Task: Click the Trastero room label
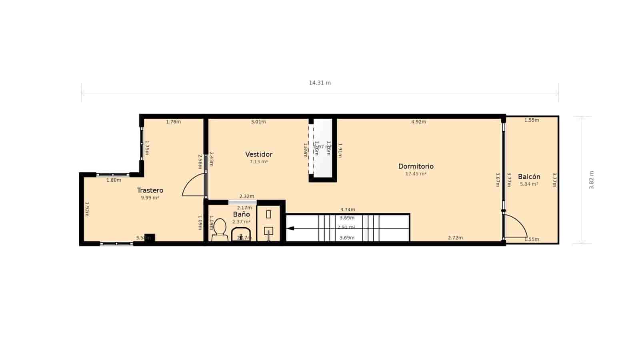pyautogui.click(x=150, y=190)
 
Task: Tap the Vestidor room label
pyautogui.click(x=259, y=154)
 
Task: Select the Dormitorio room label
pyautogui.click(x=416, y=166)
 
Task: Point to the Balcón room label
pyautogui.click(x=529, y=177)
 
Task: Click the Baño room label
pyautogui.click(x=241, y=214)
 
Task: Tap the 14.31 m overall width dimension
pyautogui.click(x=320, y=83)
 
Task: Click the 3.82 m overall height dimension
pyautogui.click(x=591, y=180)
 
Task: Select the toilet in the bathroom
pyautogui.click(x=220, y=230)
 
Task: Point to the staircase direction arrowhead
pyautogui.click(x=290, y=228)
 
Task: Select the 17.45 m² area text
pyautogui.click(x=416, y=174)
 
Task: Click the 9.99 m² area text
pyautogui.click(x=150, y=198)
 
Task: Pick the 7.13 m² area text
pyautogui.click(x=258, y=162)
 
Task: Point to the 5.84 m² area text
pyautogui.click(x=529, y=184)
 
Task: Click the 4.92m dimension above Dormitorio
pyautogui.click(x=418, y=122)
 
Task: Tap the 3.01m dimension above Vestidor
pyautogui.click(x=258, y=122)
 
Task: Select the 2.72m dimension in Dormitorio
pyautogui.click(x=455, y=238)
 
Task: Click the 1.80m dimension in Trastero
pyautogui.click(x=114, y=180)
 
